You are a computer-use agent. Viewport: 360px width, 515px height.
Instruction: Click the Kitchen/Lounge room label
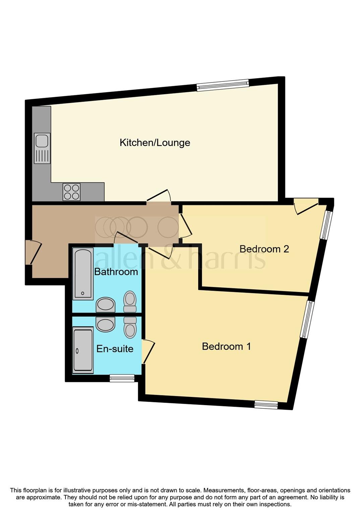155,143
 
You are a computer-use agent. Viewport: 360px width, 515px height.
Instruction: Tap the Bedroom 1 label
226,346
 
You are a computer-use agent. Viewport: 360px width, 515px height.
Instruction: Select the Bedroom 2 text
264,249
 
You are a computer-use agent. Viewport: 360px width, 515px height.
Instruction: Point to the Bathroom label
116,272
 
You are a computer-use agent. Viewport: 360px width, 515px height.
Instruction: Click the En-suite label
115,349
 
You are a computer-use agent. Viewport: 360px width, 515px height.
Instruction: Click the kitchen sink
42,148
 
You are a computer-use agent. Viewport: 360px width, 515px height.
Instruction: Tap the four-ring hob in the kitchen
71,192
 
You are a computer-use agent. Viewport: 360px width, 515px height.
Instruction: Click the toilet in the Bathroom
130,301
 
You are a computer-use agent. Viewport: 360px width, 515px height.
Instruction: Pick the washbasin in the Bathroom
106,304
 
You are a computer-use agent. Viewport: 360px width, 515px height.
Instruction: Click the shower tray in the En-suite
83,350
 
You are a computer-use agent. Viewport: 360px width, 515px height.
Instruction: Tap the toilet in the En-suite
130,327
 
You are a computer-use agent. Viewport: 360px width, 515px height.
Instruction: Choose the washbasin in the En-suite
106,324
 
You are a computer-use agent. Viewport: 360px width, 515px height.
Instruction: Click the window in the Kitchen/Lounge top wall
223,85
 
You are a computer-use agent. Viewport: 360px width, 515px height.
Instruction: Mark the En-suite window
122,378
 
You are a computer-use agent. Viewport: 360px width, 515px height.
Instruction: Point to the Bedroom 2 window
326,225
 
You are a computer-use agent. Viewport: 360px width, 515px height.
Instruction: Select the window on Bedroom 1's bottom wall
266,405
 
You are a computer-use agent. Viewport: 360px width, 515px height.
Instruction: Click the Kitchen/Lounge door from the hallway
159,197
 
